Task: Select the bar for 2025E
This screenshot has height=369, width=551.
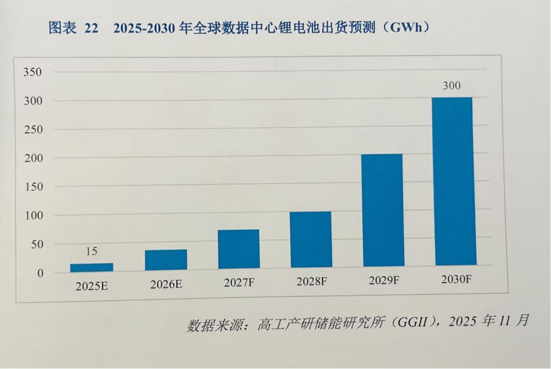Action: click(92, 267)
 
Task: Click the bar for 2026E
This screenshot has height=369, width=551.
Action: click(166, 260)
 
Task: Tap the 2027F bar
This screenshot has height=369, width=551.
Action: click(238, 249)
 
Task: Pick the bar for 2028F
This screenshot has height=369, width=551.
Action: click(311, 239)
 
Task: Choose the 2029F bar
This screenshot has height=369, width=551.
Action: click(382, 210)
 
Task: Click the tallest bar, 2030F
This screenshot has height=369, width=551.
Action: click(453, 182)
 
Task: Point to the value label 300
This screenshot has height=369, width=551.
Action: click(451, 86)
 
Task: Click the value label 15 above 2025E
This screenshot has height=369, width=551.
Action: click(92, 252)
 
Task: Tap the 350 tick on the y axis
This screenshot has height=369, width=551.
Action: click(32, 73)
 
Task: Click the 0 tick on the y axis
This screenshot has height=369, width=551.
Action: click(40, 274)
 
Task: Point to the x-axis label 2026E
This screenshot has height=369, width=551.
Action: click(166, 285)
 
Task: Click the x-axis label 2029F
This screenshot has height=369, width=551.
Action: click(384, 281)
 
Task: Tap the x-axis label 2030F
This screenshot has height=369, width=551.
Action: click(456, 280)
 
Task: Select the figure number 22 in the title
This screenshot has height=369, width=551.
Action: click(91, 28)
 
